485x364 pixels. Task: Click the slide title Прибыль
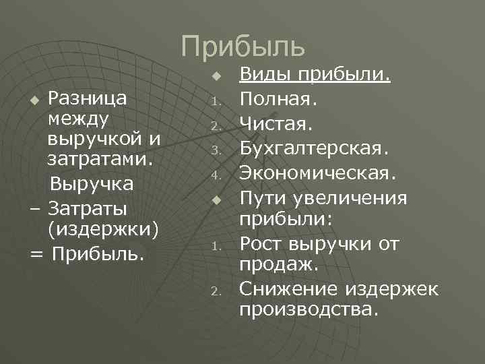tap(243, 45)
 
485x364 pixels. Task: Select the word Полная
tap(278, 99)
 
